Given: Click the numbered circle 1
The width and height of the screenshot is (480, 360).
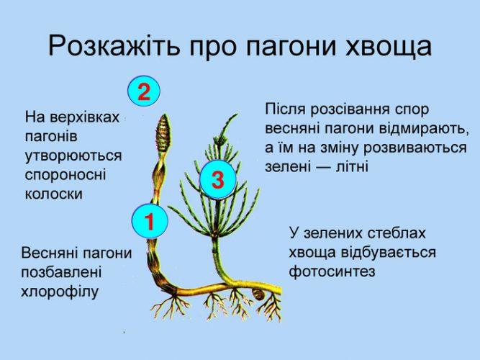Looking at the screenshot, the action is pyautogui.click(x=150, y=221).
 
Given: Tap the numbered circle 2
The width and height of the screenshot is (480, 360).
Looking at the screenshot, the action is pyautogui.click(x=144, y=91).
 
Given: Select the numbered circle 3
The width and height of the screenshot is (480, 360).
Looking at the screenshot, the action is pyautogui.click(x=218, y=179).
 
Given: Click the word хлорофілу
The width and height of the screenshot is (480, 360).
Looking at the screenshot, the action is pyautogui.click(x=60, y=292).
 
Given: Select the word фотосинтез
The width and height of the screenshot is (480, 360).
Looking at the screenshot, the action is pyautogui.click(x=332, y=271).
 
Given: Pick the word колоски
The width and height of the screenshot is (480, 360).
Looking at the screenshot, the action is pyautogui.click(x=53, y=194).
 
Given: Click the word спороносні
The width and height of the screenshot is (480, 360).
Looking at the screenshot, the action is pyautogui.click(x=65, y=175).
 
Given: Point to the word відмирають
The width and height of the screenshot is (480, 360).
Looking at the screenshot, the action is pyautogui.click(x=425, y=129).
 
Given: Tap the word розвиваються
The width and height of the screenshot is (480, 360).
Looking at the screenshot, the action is pyautogui.click(x=415, y=148).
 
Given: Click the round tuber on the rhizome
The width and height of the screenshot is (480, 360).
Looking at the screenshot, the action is pyautogui.click(x=259, y=294).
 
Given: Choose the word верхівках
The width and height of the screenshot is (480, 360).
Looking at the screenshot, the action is pyautogui.click(x=84, y=117).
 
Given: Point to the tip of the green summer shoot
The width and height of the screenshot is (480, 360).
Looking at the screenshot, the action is pyautogui.click(x=237, y=114).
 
